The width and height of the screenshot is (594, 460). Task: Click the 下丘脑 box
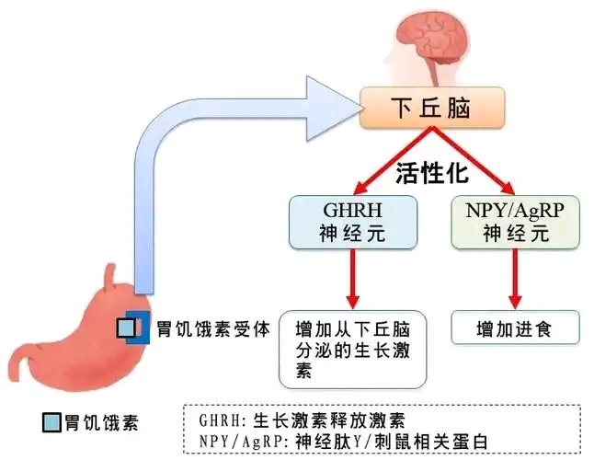point(432,108)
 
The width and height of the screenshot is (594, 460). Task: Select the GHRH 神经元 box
point(353,222)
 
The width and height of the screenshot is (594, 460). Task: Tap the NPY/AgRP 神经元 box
point(516,222)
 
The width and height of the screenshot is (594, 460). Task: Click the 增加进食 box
point(516,328)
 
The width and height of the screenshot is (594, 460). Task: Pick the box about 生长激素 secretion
point(353,350)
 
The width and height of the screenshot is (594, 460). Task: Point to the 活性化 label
point(432,174)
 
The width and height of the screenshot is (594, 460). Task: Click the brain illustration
point(432,47)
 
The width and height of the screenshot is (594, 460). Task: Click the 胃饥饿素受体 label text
point(213,328)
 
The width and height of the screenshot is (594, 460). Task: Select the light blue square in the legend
point(51,422)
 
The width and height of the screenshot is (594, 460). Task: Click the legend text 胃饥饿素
point(101,422)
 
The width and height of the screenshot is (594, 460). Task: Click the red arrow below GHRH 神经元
point(353,279)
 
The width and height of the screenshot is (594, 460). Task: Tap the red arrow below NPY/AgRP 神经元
point(515,279)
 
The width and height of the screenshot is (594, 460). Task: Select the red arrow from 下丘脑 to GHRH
point(393,161)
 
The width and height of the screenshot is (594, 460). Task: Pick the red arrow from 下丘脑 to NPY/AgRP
point(474,161)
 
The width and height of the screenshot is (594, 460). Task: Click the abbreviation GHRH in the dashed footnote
point(220,420)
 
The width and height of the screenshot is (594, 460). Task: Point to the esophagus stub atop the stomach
point(109,277)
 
